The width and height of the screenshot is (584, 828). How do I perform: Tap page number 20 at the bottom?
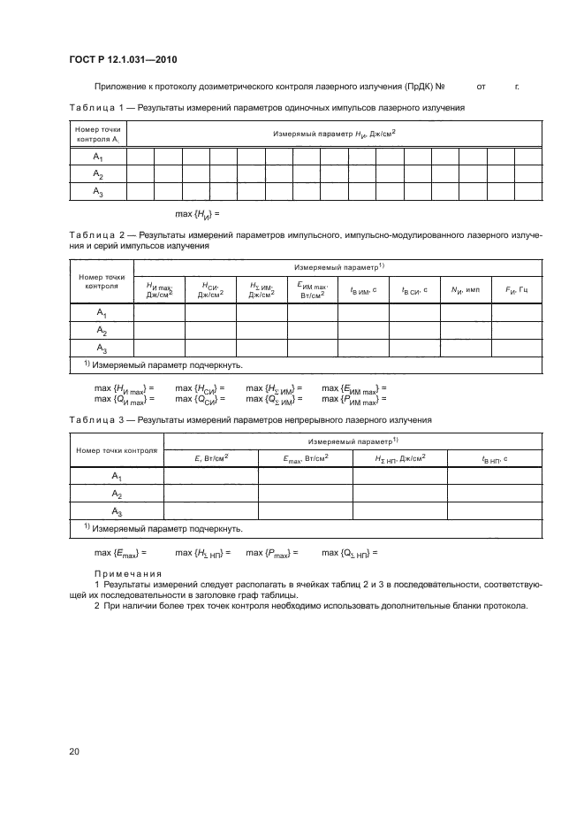pyautogui.click(x=74, y=752)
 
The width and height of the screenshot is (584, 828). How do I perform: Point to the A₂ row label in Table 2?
pyautogui.click(x=102, y=331)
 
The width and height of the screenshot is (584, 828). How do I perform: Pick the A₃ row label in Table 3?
pyautogui.click(x=116, y=511)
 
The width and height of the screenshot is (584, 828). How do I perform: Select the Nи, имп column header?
pyautogui.click(x=465, y=289)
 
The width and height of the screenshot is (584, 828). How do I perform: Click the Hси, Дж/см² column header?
pyautogui.click(x=210, y=289)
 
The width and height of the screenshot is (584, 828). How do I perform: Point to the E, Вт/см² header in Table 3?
pyautogui.click(x=211, y=457)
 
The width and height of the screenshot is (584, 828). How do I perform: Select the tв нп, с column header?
pyautogui.click(x=495, y=457)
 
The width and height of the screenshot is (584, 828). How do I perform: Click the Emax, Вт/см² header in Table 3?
pyautogui.click(x=306, y=457)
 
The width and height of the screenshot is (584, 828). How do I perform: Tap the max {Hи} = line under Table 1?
pyautogui.click(x=196, y=213)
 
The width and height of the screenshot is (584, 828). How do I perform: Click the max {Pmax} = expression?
pyautogui.click(x=271, y=553)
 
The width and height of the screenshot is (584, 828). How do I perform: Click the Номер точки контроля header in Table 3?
pyautogui.click(x=116, y=450)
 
